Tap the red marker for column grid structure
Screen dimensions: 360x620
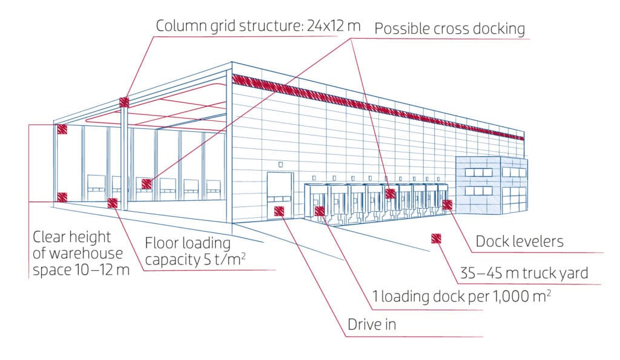124,102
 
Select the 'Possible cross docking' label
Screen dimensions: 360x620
449,28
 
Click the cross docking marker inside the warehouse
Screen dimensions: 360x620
146,183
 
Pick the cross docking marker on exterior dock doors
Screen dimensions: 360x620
391,194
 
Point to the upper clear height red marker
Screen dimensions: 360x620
62,129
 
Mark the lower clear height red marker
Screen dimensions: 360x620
62,197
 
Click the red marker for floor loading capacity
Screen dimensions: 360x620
113,203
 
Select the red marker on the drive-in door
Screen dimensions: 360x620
279,211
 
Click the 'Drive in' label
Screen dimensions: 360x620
371,325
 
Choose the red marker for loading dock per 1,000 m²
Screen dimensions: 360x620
320,211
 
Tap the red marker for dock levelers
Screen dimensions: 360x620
447,205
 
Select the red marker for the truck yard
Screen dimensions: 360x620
435,238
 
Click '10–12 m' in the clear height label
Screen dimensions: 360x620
107,269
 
